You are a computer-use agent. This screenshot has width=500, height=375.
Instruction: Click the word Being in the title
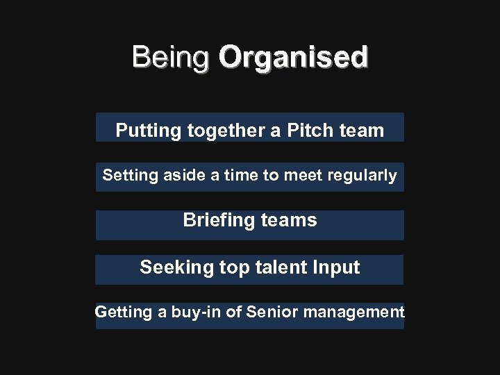pos(169,57)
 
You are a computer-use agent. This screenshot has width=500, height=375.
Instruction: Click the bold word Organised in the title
pos(293,57)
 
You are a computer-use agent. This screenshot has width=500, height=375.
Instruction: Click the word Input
pos(337,267)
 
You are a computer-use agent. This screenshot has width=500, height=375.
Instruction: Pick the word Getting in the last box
pos(123,312)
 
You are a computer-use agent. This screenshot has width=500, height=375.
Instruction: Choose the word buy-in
pos(196,312)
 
